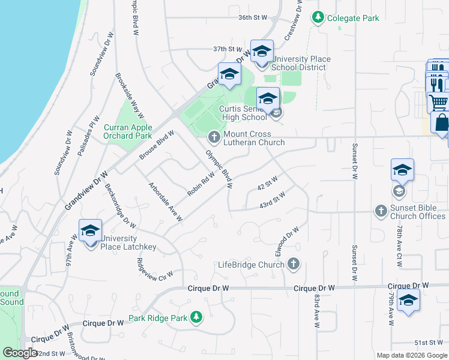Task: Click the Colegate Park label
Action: [x=353, y=18]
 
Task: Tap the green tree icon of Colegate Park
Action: [x=318, y=18]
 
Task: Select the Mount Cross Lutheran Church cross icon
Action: [x=213, y=138]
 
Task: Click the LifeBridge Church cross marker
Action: [x=294, y=263]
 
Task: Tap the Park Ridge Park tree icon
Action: [x=196, y=316]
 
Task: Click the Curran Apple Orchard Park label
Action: [x=128, y=131]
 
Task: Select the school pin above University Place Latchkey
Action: [x=90, y=230]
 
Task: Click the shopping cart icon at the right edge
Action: [x=439, y=102]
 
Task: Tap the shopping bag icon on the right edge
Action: [x=441, y=122]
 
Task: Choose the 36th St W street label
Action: [x=252, y=18]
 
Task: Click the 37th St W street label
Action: [x=228, y=49]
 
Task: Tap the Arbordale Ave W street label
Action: [x=164, y=202]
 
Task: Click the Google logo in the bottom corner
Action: [x=20, y=353]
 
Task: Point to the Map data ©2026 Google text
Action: [x=411, y=355]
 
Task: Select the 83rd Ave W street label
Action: [x=316, y=311]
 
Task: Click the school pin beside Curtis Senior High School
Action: [x=268, y=98]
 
